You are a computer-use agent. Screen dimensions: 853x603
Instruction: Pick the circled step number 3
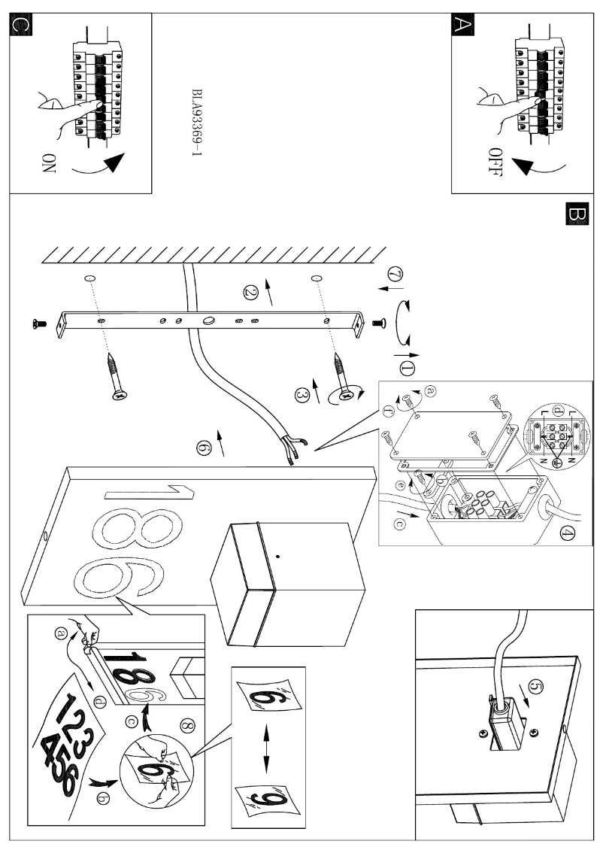click(x=303, y=394)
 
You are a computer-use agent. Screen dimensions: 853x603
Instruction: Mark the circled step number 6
click(x=202, y=447)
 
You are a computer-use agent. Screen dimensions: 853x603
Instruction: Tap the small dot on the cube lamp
click(x=279, y=556)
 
